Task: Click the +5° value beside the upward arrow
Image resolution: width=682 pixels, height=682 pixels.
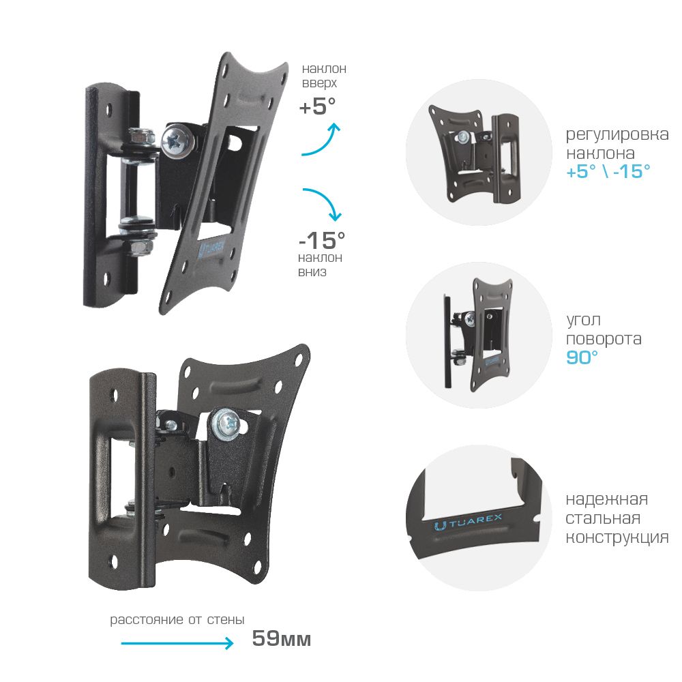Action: click(318, 106)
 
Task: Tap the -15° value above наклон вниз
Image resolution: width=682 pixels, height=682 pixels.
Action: click(322, 239)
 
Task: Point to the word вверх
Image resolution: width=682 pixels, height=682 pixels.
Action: click(320, 83)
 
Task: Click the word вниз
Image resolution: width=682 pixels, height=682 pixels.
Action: click(312, 272)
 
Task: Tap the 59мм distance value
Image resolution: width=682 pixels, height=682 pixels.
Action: click(282, 638)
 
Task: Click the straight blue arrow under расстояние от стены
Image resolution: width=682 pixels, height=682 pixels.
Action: click(177, 643)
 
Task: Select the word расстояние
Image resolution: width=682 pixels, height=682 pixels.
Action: click(147, 620)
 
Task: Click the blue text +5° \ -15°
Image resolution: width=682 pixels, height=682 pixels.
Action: click(608, 171)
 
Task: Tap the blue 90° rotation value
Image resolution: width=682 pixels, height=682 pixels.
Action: click(582, 357)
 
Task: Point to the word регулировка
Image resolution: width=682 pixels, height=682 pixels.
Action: click(617, 135)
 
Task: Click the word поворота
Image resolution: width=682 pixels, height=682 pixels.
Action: click(604, 339)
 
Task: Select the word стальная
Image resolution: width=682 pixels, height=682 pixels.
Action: click(603, 518)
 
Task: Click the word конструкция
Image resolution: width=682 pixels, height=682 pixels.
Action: click(617, 537)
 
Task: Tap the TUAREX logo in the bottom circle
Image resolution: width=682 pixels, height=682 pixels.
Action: click(468, 521)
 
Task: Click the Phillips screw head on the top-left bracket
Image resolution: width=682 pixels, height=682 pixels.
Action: click(177, 140)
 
